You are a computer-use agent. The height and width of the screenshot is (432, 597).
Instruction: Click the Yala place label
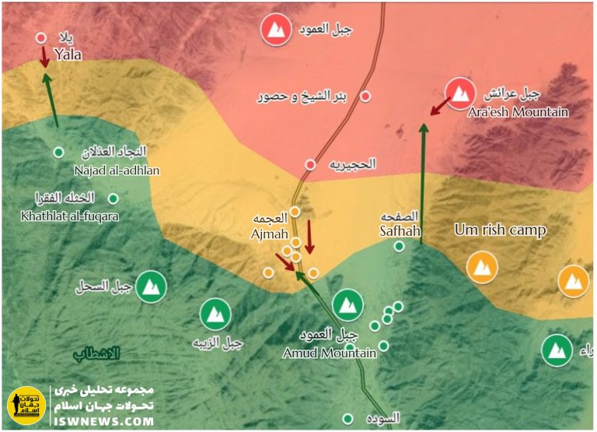point(68,54)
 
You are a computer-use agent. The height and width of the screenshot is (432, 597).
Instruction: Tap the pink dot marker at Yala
point(41,37)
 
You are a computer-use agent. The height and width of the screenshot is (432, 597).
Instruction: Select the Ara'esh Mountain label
point(518,112)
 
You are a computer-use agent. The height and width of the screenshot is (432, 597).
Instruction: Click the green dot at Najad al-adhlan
point(58,152)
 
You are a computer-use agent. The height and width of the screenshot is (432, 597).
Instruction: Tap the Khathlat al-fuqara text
point(70,216)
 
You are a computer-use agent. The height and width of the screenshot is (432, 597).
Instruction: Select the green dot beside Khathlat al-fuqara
point(113,198)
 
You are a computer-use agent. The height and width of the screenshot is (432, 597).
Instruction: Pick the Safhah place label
point(400,230)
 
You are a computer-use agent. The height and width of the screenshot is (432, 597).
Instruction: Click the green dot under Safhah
point(399,246)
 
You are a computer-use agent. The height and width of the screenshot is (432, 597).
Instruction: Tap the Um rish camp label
point(500,230)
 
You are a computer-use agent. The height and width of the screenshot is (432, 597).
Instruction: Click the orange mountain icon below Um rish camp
point(482,269)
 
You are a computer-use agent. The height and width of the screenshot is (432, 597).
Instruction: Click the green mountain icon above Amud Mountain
point(347,304)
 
